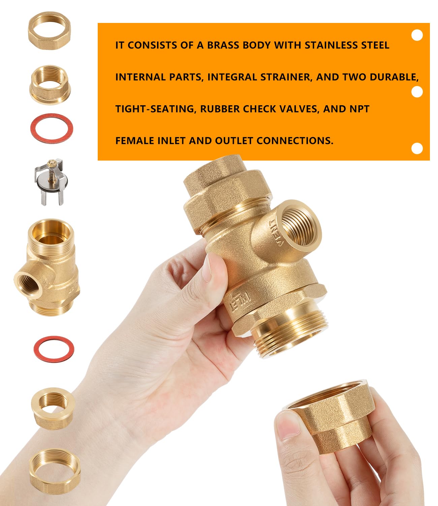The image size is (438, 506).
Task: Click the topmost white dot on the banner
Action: click(417, 35)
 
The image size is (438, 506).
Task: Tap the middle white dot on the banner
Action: click(417, 92)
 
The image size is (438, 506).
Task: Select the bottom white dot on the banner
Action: click(417, 148)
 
